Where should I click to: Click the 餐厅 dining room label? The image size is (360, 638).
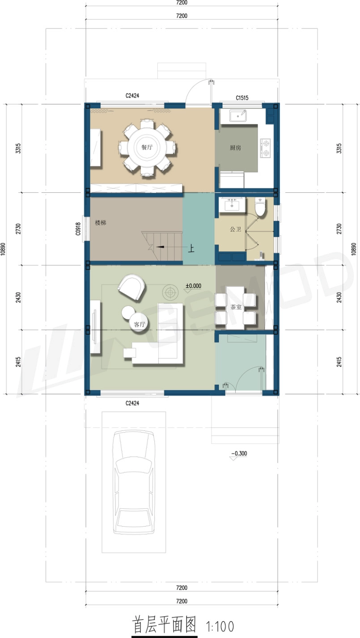pyautogui.click(x=147, y=147)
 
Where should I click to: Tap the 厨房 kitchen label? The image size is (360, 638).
pyautogui.click(x=235, y=148)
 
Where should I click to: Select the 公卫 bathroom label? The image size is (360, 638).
pyautogui.click(x=235, y=229)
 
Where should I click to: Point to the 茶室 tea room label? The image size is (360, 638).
pyautogui.click(x=236, y=307)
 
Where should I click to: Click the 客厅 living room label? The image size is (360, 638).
pyautogui.click(x=140, y=324)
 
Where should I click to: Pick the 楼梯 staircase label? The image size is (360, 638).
pyautogui.click(x=101, y=222)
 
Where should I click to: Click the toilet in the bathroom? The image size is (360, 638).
pyautogui.click(x=260, y=207)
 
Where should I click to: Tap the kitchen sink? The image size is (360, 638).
pyautogui.click(x=238, y=116)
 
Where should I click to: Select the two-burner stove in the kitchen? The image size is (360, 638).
pyautogui.click(x=266, y=148)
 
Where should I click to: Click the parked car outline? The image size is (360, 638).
pyautogui.click(x=134, y=482)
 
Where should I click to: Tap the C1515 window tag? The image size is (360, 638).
pyautogui.click(x=242, y=98)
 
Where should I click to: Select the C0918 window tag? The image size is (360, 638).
pyautogui.click(x=78, y=229)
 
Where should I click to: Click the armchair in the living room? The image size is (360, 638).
pyautogui.click(x=131, y=286)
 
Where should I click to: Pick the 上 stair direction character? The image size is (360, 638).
pyautogui.click(x=191, y=248)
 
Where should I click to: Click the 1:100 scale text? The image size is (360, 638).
pyautogui.click(x=220, y=626)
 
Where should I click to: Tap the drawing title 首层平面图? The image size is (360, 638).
pyautogui.click(x=164, y=625)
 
